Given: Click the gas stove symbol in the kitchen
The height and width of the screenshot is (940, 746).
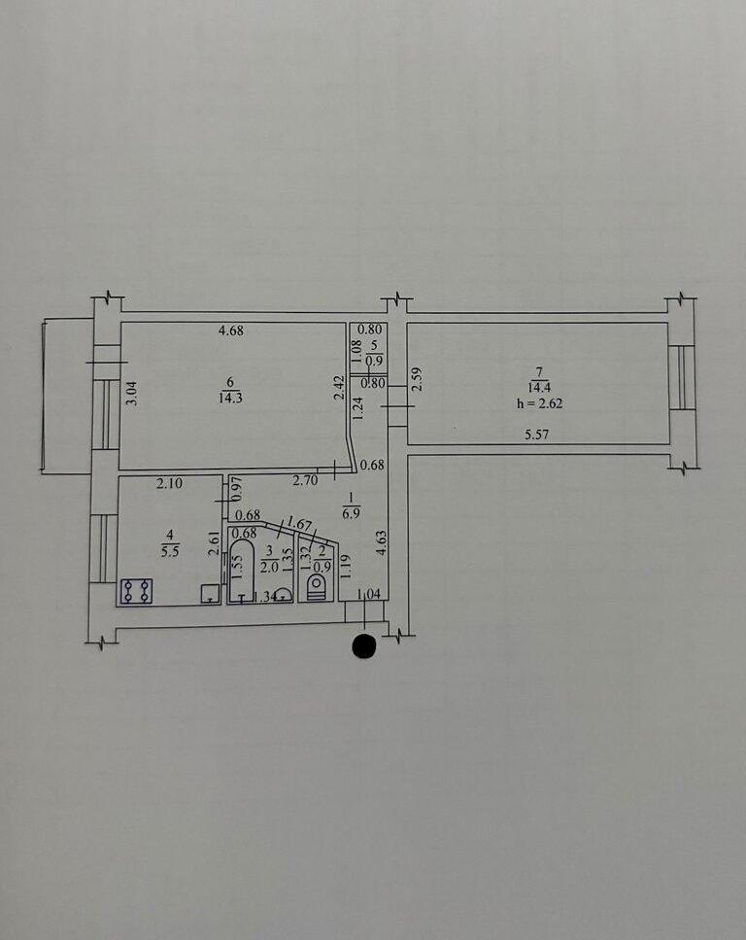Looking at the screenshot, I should pyautogui.click(x=136, y=590).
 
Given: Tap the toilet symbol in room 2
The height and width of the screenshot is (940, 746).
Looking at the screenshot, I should pyautogui.click(x=315, y=583).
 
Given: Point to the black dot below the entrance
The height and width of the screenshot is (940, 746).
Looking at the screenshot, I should pyautogui.click(x=364, y=646).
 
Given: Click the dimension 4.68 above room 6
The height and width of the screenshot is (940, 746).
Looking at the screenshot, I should pyautogui.click(x=230, y=331).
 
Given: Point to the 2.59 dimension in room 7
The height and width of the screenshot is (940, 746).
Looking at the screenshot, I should pyautogui.click(x=417, y=378).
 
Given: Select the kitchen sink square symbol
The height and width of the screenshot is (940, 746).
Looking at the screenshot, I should pyautogui.click(x=209, y=593).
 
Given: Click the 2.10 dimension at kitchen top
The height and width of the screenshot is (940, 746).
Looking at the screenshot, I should pyautogui.click(x=170, y=481).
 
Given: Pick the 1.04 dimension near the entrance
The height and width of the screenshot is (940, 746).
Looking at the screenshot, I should pyautogui.click(x=369, y=594).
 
